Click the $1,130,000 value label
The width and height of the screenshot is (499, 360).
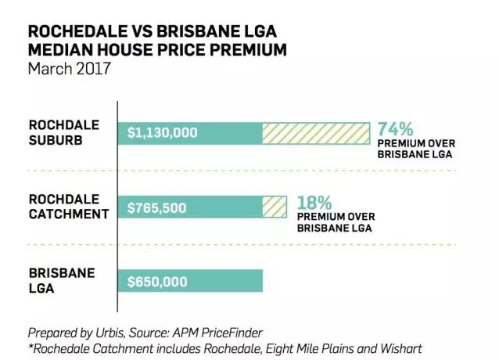(x=163, y=133)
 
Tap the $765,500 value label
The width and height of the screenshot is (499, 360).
(x=157, y=207)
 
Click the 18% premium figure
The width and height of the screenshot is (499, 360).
(x=314, y=203)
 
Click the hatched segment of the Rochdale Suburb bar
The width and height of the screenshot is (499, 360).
(x=316, y=133)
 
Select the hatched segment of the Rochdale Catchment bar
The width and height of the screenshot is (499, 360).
(x=275, y=207)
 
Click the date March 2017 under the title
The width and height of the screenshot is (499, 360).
(x=69, y=68)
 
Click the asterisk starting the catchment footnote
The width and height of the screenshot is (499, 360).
(x=30, y=345)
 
